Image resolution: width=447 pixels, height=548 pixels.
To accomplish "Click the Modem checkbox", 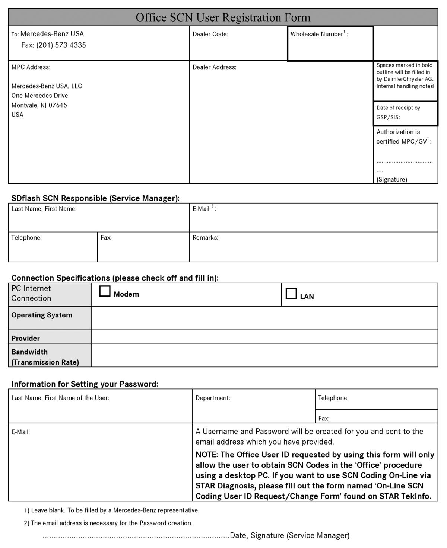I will pyautogui.click(x=105, y=291).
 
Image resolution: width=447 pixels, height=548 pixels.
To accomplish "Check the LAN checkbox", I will pyautogui.click(x=291, y=294).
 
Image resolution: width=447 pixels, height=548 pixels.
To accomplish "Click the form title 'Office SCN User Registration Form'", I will pyautogui.click(x=223, y=17).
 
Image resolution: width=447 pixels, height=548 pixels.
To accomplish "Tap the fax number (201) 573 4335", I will pyautogui.click(x=61, y=45).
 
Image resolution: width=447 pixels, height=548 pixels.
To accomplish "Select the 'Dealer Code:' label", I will pyautogui.click(x=210, y=34).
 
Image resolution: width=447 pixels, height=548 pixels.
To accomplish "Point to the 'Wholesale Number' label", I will pyautogui.click(x=317, y=34).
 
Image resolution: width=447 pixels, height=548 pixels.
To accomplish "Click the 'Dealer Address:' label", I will pyautogui.click(x=214, y=67).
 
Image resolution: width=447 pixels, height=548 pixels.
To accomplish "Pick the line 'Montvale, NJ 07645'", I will pyautogui.click(x=39, y=105).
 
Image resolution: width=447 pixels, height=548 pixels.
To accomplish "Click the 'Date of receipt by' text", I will pyautogui.click(x=398, y=108).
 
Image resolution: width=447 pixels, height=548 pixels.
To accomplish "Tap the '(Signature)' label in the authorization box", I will pyautogui.click(x=391, y=179).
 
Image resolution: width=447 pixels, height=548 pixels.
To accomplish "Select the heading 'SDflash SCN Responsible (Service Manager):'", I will pyautogui.click(x=95, y=198).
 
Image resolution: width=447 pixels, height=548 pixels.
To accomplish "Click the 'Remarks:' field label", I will pyautogui.click(x=205, y=238).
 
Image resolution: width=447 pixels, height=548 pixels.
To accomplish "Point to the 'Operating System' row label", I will pyautogui.click(x=42, y=315).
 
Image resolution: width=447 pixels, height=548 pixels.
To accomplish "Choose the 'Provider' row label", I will pyautogui.click(x=25, y=339).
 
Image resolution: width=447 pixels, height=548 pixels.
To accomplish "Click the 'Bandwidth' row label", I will pyautogui.click(x=29, y=352).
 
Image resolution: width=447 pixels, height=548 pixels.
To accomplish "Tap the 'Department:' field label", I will pyautogui.click(x=213, y=398).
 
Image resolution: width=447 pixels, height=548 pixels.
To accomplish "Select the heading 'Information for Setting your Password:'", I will pyautogui.click(x=85, y=384).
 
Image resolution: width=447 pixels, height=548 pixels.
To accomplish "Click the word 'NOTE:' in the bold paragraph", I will pyautogui.click(x=207, y=455).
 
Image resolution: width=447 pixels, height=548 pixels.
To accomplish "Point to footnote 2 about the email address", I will pyautogui.click(x=108, y=523).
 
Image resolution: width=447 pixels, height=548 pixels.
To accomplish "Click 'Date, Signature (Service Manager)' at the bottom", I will pyautogui.click(x=290, y=535).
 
